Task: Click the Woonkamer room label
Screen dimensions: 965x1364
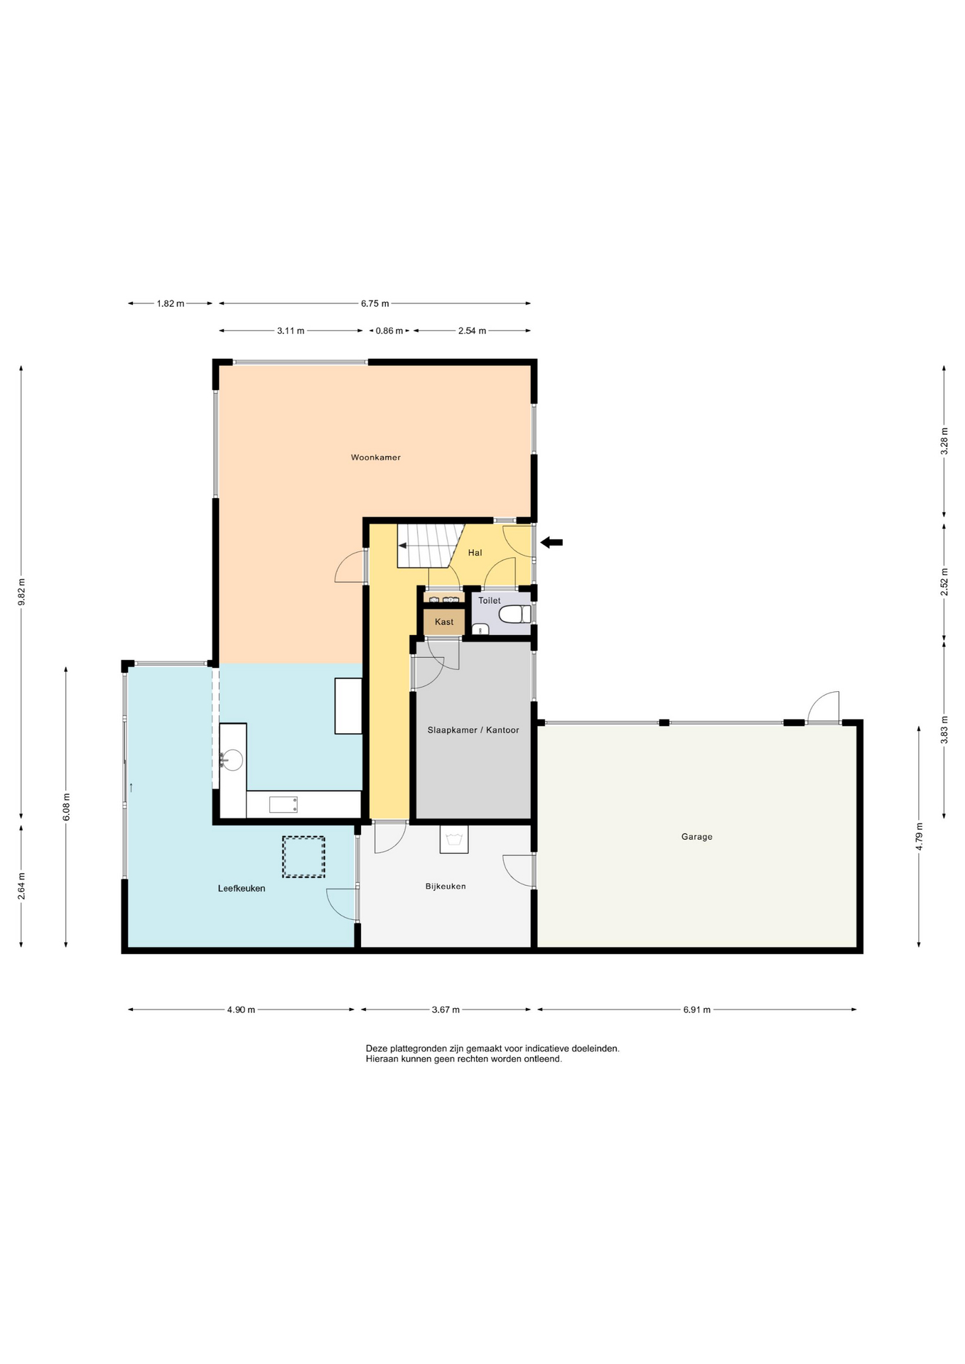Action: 376,458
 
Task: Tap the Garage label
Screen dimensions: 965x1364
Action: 696,837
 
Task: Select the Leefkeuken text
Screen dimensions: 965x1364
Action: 242,888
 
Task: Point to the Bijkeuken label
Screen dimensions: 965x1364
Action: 446,887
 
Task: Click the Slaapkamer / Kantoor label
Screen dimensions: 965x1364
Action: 473,730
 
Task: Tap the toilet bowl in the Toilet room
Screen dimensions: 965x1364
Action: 514,614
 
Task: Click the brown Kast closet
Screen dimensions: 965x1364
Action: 444,622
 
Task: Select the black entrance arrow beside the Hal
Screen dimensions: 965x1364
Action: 551,543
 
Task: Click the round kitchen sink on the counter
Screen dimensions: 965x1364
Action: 232,760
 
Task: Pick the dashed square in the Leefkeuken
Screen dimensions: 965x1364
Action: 303,857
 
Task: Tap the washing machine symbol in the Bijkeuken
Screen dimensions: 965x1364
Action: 454,839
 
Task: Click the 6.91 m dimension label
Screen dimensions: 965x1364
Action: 696,1010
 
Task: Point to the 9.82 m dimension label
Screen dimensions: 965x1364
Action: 21,592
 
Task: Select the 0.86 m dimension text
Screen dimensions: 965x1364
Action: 389,331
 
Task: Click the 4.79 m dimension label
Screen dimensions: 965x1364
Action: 919,836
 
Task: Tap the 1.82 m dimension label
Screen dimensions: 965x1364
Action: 171,304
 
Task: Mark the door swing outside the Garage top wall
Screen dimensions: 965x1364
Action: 824,707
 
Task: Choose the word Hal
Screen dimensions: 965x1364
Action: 475,553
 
